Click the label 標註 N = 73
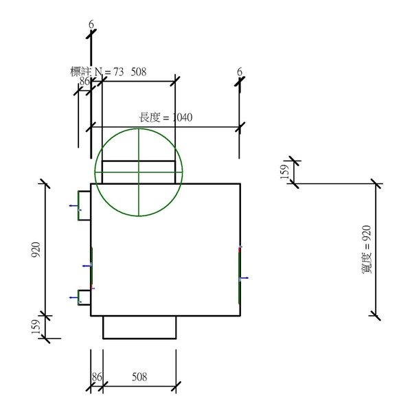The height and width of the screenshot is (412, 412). click(x=97, y=71)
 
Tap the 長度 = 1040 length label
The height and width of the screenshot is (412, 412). click(x=165, y=117)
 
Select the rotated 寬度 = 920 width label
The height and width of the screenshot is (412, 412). click(x=367, y=250)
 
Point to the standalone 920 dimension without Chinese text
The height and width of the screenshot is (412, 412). click(x=36, y=250)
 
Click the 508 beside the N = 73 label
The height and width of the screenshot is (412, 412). click(x=139, y=71)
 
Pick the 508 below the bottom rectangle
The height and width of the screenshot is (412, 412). click(x=139, y=377)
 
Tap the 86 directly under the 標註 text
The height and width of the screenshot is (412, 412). click(x=84, y=81)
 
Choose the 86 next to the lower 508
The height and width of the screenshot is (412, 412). click(x=96, y=377)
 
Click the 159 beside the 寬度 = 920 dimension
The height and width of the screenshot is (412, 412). click(x=284, y=172)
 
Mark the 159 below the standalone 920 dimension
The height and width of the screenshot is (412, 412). click(x=36, y=327)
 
